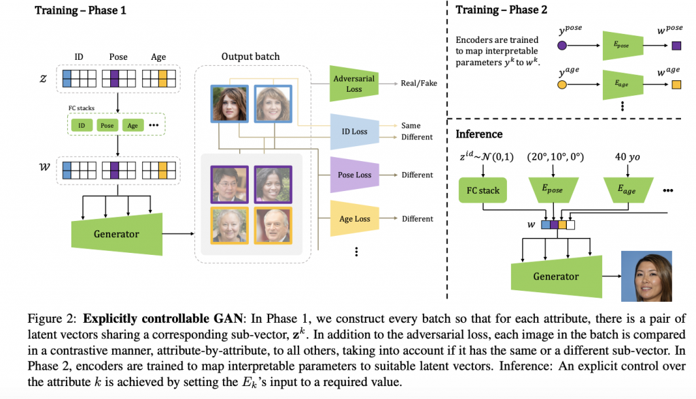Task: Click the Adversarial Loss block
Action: [353, 83]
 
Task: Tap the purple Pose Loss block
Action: [354, 175]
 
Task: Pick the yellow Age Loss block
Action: [354, 219]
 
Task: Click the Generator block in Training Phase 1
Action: [116, 233]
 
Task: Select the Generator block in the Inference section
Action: [555, 276]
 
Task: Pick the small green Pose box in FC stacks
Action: [106, 126]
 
